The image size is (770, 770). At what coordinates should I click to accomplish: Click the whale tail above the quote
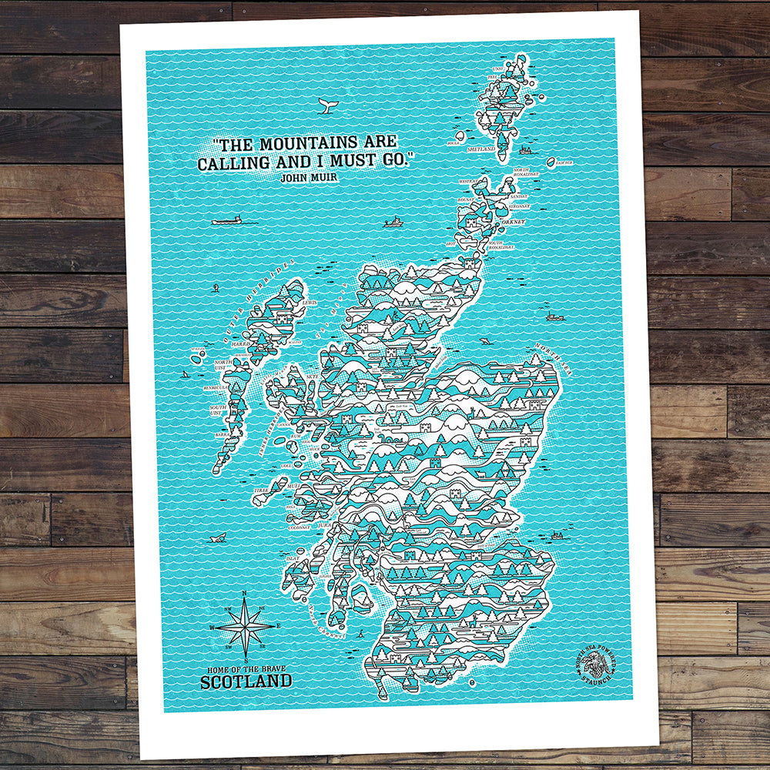pos(326,108)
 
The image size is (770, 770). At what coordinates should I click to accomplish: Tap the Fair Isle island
pos(552,162)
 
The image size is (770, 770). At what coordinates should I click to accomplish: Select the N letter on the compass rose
pos(244,592)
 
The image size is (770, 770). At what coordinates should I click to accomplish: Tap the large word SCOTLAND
pos(246,681)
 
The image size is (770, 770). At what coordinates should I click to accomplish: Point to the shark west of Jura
pos(218,537)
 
